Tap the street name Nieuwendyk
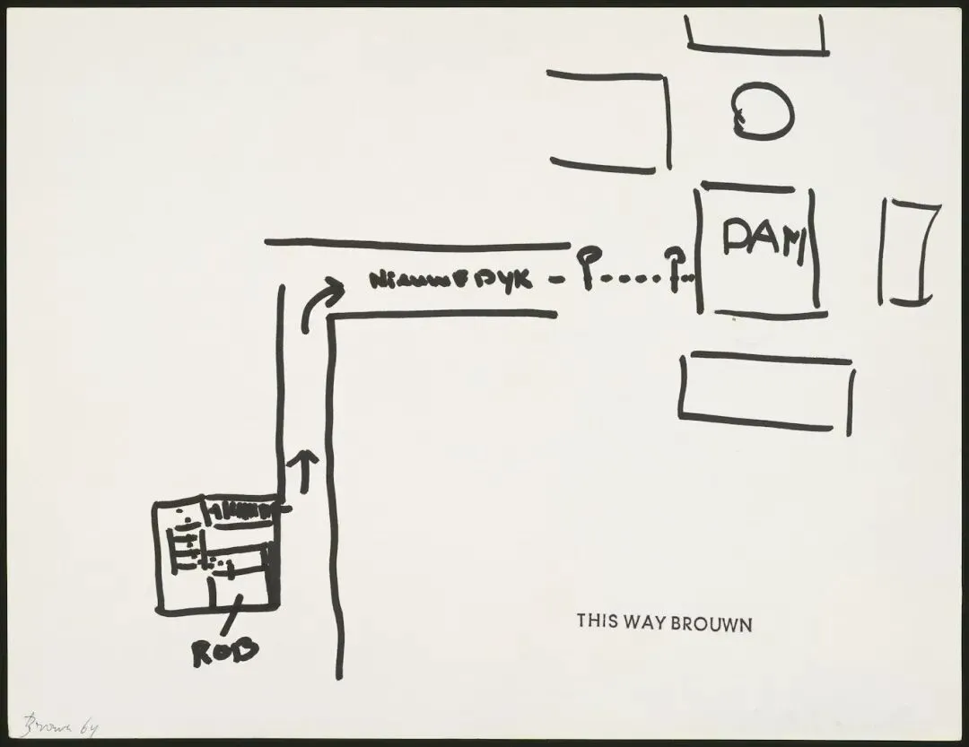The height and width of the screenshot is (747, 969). [451, 282]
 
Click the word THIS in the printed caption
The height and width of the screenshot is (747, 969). [596, 621]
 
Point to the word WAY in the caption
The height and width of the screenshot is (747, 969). [641, 621]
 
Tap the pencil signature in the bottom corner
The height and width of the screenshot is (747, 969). [59, 725]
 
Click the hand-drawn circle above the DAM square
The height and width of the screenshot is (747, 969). [762, 112]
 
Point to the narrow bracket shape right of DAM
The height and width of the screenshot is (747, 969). [910, 252]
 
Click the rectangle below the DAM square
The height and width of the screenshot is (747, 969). [765, 392]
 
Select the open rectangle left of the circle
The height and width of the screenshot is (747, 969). [610, 121]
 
